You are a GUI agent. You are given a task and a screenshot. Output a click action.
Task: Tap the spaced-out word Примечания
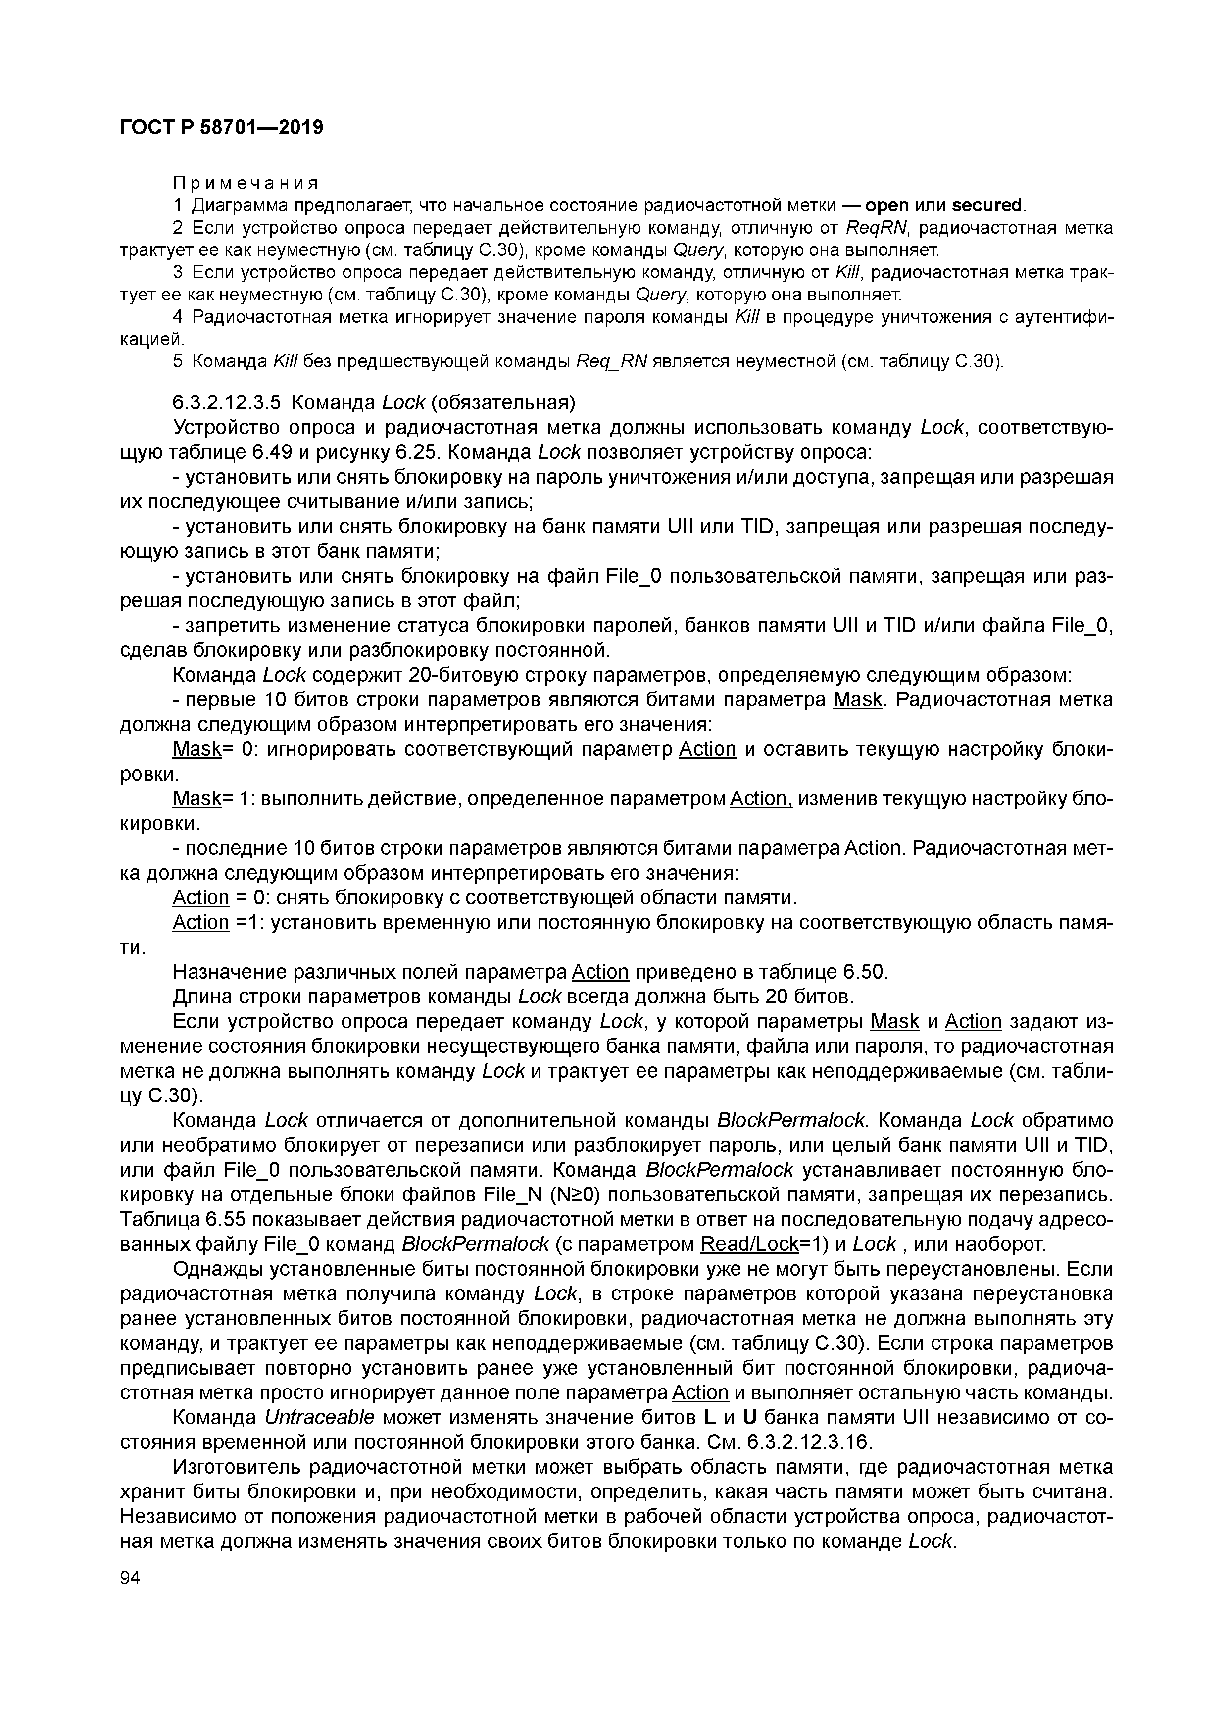pos(245,183)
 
